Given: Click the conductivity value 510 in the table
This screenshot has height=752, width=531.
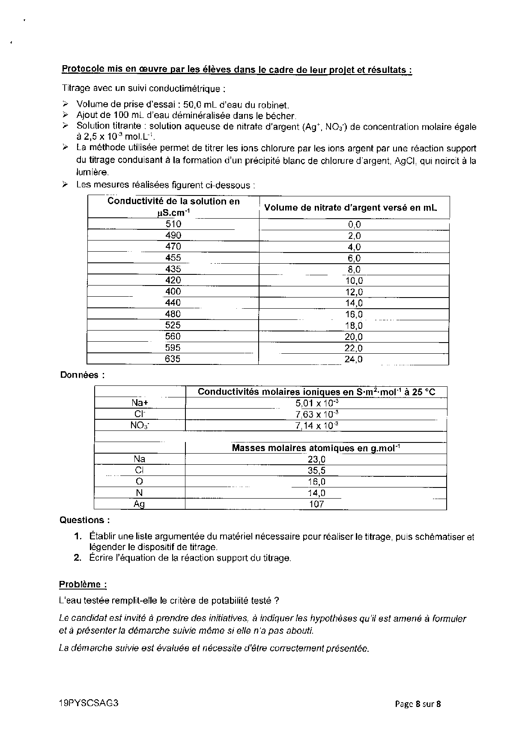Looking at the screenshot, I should (173, 224).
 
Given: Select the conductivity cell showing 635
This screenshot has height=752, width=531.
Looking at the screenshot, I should (173, 359).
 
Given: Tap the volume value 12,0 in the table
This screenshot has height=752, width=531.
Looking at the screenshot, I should (354, 292).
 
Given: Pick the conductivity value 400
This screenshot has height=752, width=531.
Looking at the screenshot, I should (173, 292).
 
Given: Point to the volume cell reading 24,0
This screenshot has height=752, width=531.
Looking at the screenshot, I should (354, 359).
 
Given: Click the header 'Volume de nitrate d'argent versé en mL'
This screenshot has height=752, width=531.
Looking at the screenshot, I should (351, 208).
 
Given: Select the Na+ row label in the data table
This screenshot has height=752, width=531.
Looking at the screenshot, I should (139, 403).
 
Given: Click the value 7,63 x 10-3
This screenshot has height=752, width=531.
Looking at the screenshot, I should (317, 414).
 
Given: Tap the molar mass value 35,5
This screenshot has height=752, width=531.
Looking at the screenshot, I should (316, 470).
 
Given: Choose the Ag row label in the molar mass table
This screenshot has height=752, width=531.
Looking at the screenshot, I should (139, 504).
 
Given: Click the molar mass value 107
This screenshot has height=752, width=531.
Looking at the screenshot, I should (316, 504).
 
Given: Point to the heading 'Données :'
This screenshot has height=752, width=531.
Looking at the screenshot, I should (82, 375).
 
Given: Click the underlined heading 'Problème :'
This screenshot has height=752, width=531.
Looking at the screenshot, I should (83, 584).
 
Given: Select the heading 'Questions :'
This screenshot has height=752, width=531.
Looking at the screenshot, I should (85, 520).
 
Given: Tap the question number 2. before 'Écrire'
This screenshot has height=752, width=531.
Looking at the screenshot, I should (78, 558).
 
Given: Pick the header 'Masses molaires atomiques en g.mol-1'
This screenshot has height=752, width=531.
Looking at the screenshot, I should (316, 448).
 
